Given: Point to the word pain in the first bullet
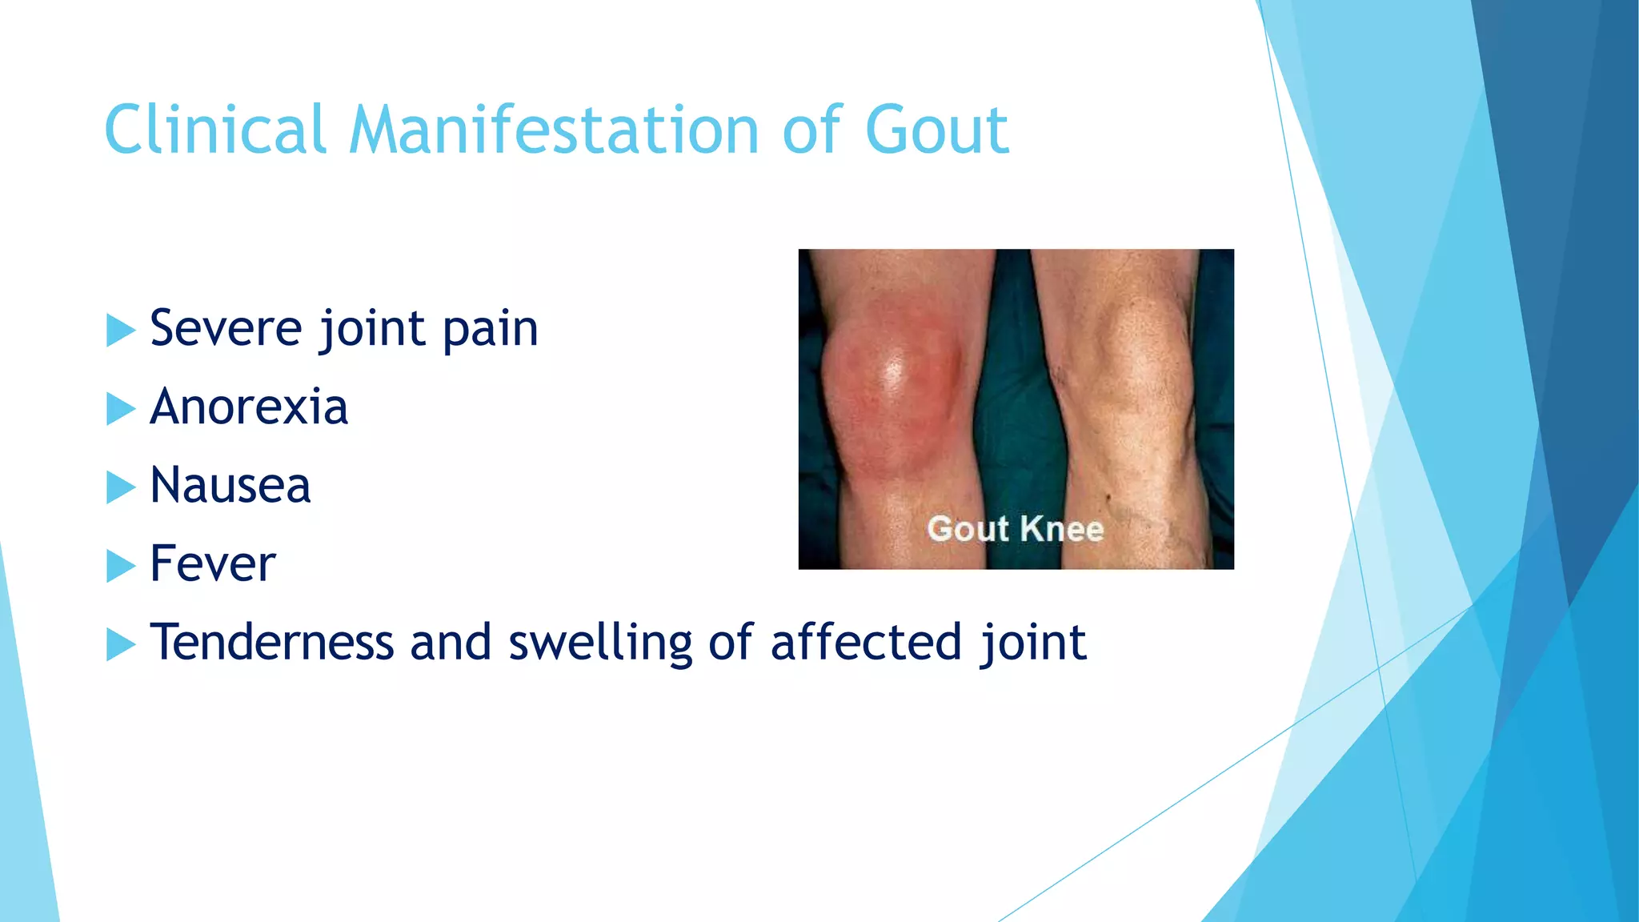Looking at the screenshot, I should [x=490, y=330].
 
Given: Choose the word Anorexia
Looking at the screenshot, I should [x=249, y=407].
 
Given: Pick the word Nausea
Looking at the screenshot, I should [x=230, y=485].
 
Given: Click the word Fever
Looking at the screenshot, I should [x=213, y=563].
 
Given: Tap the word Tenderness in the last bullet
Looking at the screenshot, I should [x=272, y=642].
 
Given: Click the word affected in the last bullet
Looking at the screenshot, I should [x=865, y=642].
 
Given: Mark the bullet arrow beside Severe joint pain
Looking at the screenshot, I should [x=120, y=330].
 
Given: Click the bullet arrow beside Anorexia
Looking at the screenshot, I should [x=120, y=408].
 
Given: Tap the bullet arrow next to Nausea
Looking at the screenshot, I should [x=120, y=487].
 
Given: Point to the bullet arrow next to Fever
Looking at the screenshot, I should [x=120, y=565].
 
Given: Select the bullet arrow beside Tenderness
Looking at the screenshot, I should [x=120, y=643].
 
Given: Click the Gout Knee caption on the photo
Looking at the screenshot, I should [x=1015, y=529].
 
